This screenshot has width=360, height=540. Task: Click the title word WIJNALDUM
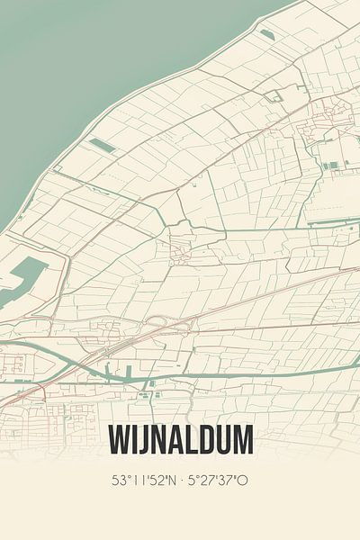pyautogui.click(x=180, y=440)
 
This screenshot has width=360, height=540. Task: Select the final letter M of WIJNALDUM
pyautogui.click(x=241, y=440)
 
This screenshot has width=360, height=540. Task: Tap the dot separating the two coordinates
pyautogui.click(x=181, y=481)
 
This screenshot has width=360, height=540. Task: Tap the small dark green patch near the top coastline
pyautogui.click(x=266, y=34)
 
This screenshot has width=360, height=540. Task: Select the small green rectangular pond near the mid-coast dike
pyautogui.click(x=102, y=144)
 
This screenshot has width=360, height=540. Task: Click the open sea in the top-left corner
pyautogui.click(x=54, y=54)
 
